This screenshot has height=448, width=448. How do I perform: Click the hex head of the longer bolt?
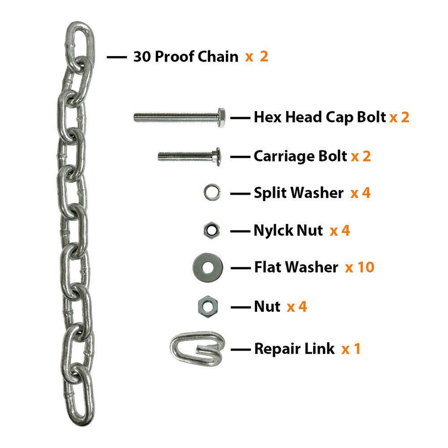[x=221, y=117]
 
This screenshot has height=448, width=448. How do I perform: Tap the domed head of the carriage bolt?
[x=218, y=157]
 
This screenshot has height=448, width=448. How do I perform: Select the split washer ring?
[x=212, y=192]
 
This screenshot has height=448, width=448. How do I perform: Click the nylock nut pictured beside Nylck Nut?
[x=212, y=230]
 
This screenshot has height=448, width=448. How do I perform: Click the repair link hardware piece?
[x=197, y=349]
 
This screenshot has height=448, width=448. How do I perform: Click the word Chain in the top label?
[x=218, y=56]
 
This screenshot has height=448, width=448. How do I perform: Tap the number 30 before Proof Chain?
[x=142, y=56]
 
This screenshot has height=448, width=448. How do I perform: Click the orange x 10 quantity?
[x=360, y=267]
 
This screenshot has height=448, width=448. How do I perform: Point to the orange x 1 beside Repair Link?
[x=351, y=349]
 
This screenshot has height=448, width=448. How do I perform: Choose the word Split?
[x=270, y=193]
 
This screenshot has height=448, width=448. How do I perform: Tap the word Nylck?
[x=273, y=231]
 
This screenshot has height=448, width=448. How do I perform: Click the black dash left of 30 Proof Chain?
[x=117, y=57]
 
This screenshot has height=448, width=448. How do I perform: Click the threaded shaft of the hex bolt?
[x=176, y=117]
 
